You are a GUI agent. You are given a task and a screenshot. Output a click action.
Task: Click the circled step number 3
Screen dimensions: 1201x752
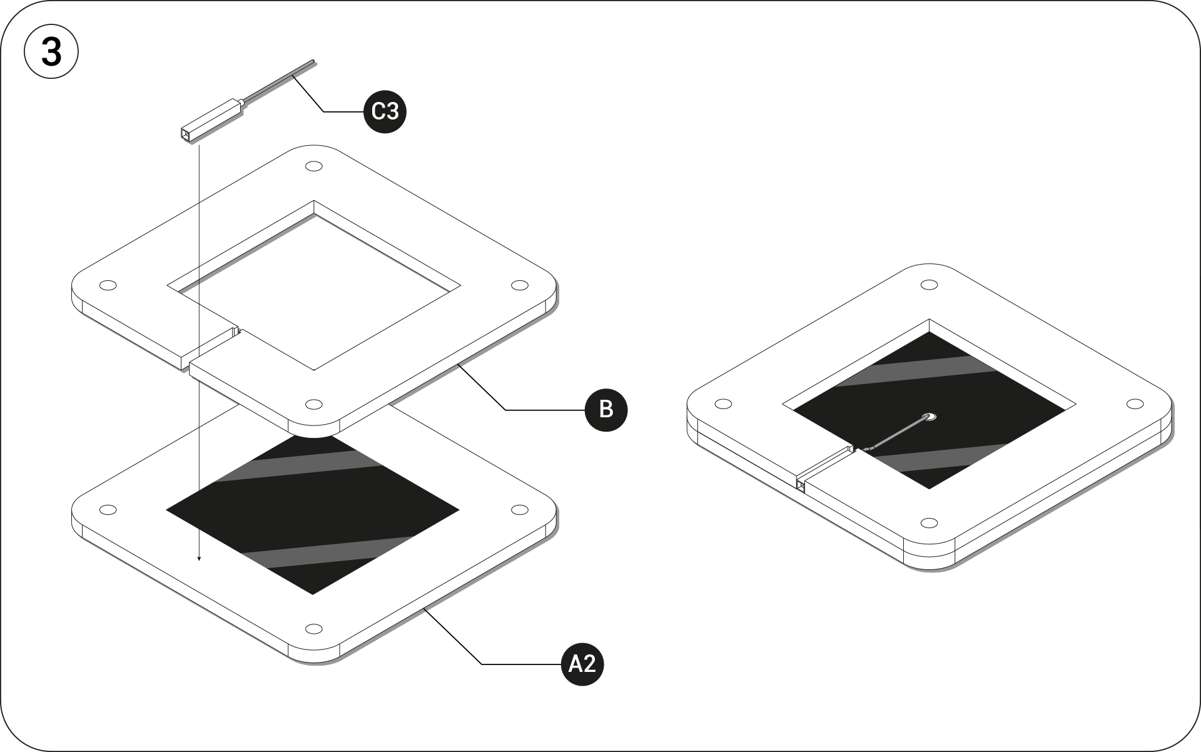click(51, 52)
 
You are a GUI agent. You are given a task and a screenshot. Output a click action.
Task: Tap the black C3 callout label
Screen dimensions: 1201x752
click(385, 111)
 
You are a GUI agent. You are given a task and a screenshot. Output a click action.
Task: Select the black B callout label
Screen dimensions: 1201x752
click(606, 410)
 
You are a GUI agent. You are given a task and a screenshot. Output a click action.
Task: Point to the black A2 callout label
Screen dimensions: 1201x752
click(582, 664)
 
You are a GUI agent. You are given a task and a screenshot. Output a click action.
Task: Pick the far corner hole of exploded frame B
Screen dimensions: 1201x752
click(313, 167)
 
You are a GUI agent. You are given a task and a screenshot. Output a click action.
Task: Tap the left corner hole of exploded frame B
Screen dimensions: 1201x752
click(108, 285)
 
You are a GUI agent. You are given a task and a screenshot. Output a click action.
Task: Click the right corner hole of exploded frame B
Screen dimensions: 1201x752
click(519, 285)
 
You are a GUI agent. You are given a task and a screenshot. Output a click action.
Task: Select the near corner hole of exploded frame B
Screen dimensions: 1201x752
click(314, 404)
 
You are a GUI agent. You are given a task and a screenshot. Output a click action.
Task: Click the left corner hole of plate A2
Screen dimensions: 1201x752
click(108, 510)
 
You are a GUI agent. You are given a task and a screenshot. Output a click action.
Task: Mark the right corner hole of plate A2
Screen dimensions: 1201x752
click(519, 510)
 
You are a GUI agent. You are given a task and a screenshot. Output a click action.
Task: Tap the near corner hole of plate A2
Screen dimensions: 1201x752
click(314, 628)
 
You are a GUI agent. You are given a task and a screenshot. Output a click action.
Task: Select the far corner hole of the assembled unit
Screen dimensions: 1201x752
click(929, 285)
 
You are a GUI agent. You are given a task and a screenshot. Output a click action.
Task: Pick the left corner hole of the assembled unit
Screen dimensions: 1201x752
click(723, 404)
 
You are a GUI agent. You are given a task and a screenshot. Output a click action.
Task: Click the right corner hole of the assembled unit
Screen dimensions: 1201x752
click(1135, 404)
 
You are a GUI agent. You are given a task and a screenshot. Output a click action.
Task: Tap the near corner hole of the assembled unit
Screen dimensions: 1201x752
click(930, 522)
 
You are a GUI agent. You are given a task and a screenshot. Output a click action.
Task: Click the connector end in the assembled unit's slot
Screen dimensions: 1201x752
click(801, 484)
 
